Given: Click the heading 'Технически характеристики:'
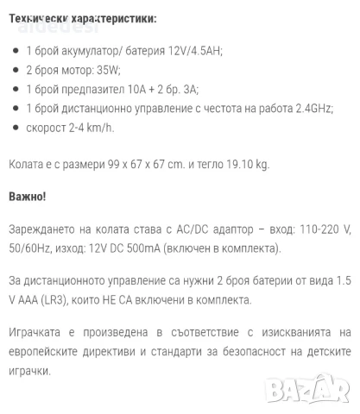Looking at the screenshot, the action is [x=84, y=18].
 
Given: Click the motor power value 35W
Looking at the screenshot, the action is [x=108, y=70].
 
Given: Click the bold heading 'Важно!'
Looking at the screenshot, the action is [x=28, y=197].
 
